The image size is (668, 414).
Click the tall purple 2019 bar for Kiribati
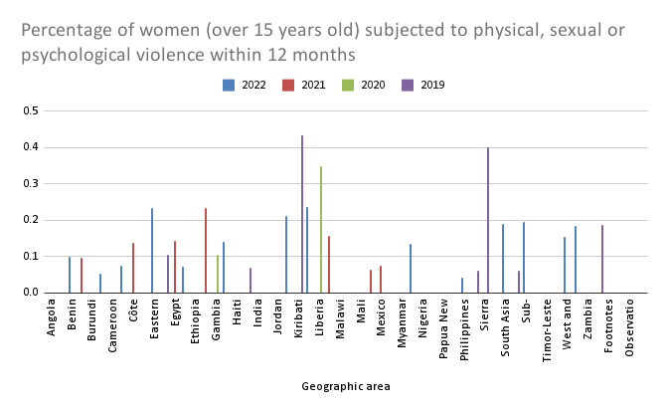302,214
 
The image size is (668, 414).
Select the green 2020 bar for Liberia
321,229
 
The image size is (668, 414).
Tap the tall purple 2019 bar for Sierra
488,220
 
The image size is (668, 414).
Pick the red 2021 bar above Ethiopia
206,250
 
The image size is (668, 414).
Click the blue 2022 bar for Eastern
152,250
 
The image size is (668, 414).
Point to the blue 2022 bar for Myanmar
411,268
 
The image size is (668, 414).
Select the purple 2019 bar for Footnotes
602,259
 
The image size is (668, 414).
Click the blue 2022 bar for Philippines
462,286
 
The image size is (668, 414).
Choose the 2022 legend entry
245,85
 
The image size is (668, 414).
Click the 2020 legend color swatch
348,86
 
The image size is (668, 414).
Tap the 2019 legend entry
423,85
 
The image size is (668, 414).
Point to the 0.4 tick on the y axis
31,147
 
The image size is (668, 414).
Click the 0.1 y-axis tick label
31,256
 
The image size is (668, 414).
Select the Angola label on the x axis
51,317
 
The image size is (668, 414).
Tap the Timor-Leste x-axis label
547,330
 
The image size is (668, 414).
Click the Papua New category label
443,328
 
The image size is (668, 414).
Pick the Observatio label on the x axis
629,327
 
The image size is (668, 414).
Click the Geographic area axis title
346,386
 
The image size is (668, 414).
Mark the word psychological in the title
76,56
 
